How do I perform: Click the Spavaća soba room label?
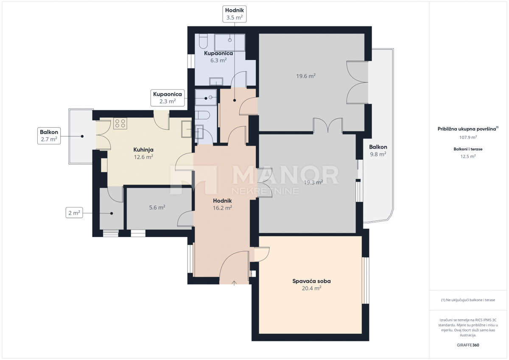311,281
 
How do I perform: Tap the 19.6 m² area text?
306,76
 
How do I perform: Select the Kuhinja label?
143,150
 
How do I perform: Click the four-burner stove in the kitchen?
120,123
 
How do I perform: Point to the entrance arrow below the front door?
234,283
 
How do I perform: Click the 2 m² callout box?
74,213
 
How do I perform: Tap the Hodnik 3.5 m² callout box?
234,14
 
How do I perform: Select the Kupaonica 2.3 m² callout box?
168,98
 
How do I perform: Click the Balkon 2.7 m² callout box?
49,135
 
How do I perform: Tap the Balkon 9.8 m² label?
378,151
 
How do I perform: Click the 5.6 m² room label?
157,207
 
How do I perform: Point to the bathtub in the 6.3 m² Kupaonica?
229,42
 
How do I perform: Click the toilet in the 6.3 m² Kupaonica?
202,41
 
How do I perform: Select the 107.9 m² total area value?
468,137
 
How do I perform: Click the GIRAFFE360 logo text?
468,345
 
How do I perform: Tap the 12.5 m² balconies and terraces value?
468,156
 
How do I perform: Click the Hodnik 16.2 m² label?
222,204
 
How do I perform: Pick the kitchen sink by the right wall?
186,129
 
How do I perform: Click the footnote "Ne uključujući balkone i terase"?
468,300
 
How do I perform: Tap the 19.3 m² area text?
313,182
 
